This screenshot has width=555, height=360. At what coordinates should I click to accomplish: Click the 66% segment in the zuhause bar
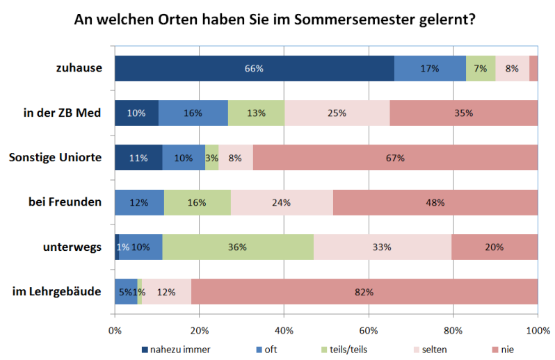[x=254, y=69]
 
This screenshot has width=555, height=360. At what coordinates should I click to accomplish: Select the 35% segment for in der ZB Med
[x=464, y=113]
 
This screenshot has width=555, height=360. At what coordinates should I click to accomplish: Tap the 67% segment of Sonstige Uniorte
[x=395, y=158]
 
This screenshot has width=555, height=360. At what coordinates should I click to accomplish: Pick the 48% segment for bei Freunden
[x=435, y=202]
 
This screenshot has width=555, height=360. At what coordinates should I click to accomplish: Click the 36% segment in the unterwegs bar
[x=238, y=247]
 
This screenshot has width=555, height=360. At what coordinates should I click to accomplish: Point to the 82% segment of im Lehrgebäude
[x=364, y=292]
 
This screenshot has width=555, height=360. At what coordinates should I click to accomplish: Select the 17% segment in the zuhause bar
[x=430, y=69]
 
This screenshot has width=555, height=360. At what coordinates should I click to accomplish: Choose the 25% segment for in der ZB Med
[x=337, y=113]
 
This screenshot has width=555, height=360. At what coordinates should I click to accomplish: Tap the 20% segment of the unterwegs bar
[x=494, y=247]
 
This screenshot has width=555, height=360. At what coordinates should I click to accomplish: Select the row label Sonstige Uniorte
[x=56, y=158]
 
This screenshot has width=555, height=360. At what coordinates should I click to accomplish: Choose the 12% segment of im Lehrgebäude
[x=166, y=292]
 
